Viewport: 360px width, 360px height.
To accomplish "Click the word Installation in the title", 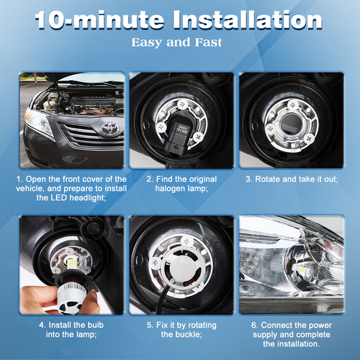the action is click(x=247, y=20).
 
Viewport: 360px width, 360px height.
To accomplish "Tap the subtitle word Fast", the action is click(x=208, y=43).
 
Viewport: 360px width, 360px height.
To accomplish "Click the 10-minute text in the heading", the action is click(x=100, y=20).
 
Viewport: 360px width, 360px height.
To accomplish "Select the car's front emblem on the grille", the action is click(x=110, y=128).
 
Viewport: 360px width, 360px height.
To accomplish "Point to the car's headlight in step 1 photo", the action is click(x=38, y=121).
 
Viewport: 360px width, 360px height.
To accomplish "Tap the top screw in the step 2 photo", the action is click(x=182, y=104).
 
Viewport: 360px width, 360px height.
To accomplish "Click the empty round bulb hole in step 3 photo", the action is click(x=291, y=124).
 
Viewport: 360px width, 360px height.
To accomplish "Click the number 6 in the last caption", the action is click(x=254, y=325).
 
